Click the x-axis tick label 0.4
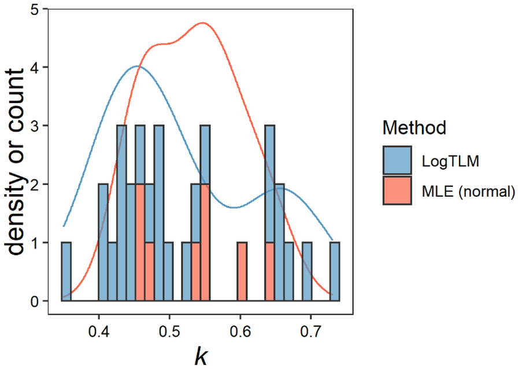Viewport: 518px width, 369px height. tap(99, 333)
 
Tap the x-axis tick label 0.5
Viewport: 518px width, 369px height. tap(169, 333)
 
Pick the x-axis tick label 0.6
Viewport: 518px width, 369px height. tap(240, 333)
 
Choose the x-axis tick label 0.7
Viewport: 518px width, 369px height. tap(311, 333)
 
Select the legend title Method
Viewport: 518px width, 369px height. tap(414, 128)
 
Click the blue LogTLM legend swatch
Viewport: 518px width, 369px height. tap(397, 160)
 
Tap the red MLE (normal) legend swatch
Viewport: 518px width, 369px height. tap(397, 190)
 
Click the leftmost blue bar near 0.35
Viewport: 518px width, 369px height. tap(66, 272)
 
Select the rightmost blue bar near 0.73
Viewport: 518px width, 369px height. tap(335, 272)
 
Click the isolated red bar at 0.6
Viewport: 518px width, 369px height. tap(242, 272)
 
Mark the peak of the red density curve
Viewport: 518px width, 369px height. tap(202, 23)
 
